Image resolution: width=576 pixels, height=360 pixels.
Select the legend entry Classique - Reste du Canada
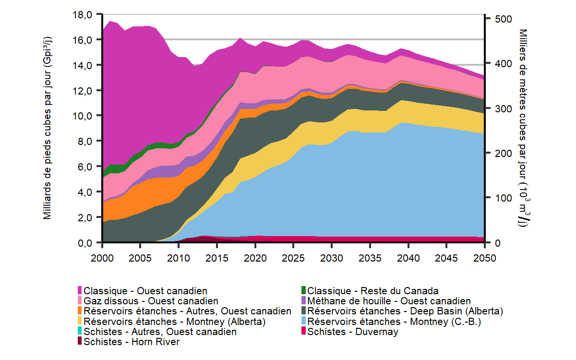[372, 291]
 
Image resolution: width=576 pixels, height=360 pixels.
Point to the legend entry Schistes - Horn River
[132, 342]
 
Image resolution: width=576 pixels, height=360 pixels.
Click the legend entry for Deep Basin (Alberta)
[405, 311]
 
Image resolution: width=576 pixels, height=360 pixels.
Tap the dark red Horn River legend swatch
[80, 342]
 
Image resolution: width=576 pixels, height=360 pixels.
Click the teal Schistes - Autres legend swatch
[80, 332]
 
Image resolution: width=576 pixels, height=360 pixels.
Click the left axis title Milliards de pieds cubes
[48, 129]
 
